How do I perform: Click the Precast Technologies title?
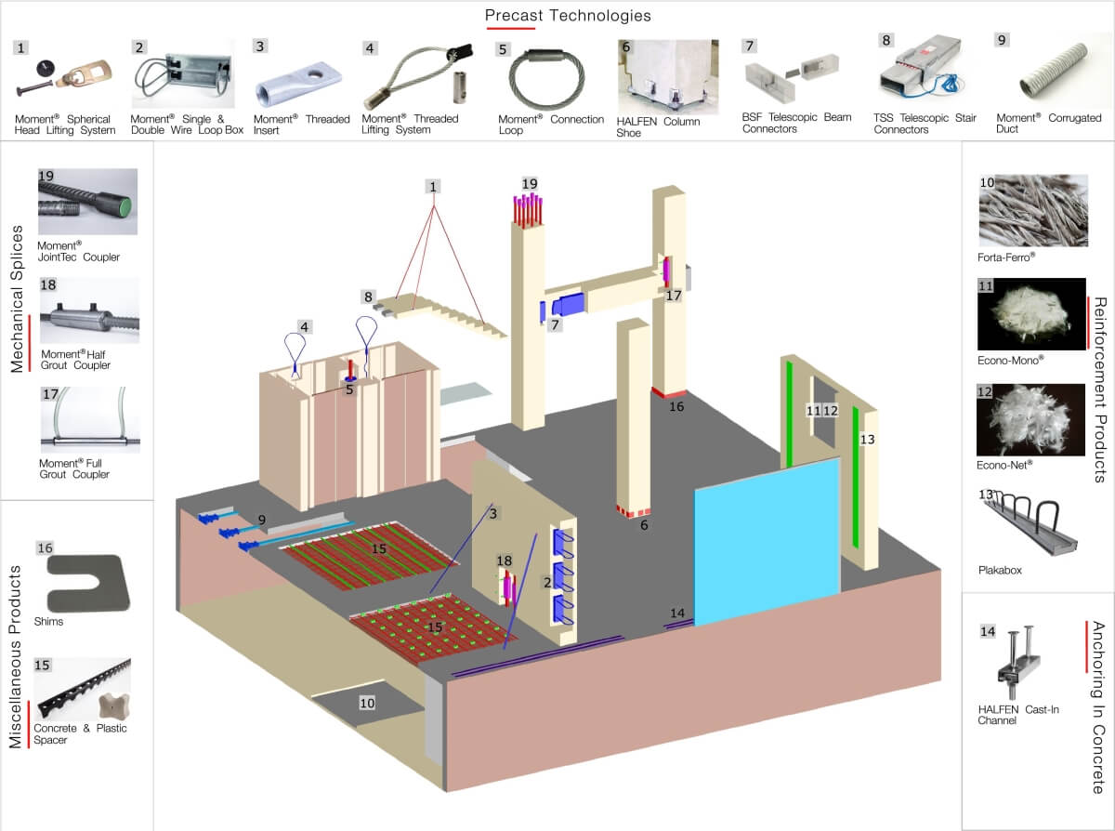coord(568,16)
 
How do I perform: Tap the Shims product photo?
coord(88,584)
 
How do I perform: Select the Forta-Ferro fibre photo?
coord(1033,210)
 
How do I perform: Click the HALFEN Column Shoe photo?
coord(668,76)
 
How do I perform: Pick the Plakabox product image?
coord(1028,523)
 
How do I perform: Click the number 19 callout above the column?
coord(530,184)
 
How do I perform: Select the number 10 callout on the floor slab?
coord(367,703)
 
